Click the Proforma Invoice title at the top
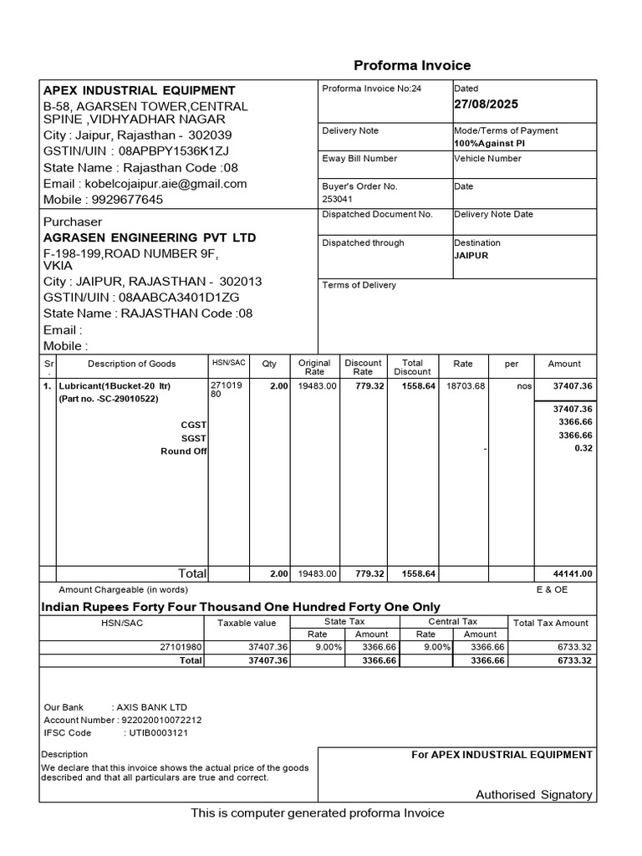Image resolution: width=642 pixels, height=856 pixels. coord(412,65)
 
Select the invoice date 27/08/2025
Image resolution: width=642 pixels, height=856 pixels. coord(486,104)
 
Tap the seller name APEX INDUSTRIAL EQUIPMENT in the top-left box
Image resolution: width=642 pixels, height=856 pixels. coord(140,90)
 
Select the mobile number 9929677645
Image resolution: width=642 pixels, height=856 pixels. coord(128,200)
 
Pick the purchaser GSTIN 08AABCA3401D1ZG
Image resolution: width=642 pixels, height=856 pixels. coord(179,297)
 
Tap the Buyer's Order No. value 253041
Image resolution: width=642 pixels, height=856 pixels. coord(339,200)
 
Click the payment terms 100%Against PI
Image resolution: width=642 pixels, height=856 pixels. coord(489,144)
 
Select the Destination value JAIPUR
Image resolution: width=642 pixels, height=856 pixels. coord(471,256)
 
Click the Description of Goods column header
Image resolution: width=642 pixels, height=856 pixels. coord(132,364)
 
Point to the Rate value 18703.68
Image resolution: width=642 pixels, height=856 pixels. coord(466,386)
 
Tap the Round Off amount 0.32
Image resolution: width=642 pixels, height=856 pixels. coord(583,448)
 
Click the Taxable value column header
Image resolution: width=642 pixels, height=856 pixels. coord(247,623)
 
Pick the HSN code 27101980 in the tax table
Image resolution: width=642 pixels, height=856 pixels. coord(179,647)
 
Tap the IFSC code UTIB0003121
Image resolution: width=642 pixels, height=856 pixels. coord(157,733)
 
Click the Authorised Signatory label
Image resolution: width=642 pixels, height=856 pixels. coord(534,795)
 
